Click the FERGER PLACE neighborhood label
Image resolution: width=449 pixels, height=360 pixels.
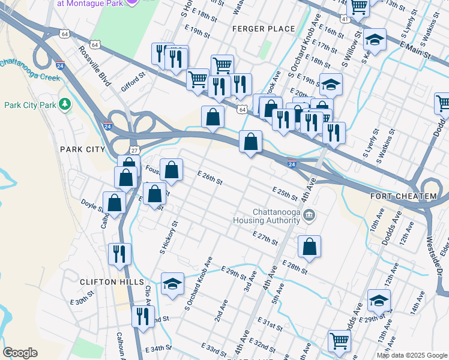[x=265, y=29]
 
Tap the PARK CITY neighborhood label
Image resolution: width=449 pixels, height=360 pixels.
[x=83, y=149]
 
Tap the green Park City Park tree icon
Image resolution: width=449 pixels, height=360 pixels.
[x=65, y=105]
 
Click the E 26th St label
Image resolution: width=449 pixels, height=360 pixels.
[x=210, y=177]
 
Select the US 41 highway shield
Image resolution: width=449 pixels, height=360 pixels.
[x=345, y=20]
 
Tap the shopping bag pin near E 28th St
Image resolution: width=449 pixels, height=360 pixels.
[x=309, y=246]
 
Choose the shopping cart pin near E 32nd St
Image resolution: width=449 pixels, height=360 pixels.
[x=339, y=340]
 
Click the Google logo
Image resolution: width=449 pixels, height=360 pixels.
[x=20, y=353]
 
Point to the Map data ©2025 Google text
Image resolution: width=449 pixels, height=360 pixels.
[x=411, y=355]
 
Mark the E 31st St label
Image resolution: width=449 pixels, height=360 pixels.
[x=270, y=326]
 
